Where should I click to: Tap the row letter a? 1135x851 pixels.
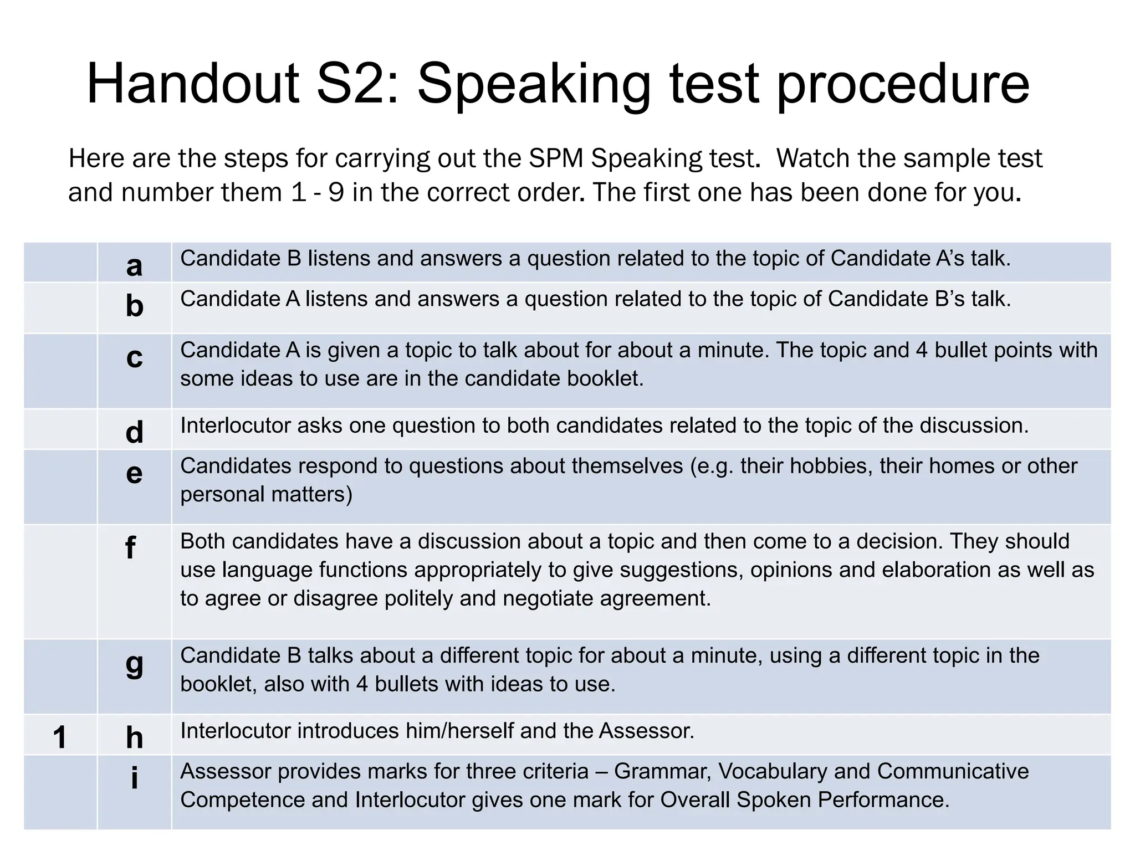(x=134, y=265)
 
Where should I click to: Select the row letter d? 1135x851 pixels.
(x=134, y=432)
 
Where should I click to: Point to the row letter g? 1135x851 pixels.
(x=134, y=664)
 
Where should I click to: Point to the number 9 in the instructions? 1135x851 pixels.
(x=336, y=192)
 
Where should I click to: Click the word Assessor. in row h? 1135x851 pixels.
(x=646, y=731)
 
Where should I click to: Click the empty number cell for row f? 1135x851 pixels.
(x=60, y=581)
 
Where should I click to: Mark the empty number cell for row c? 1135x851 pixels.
(x=60, y=371)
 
